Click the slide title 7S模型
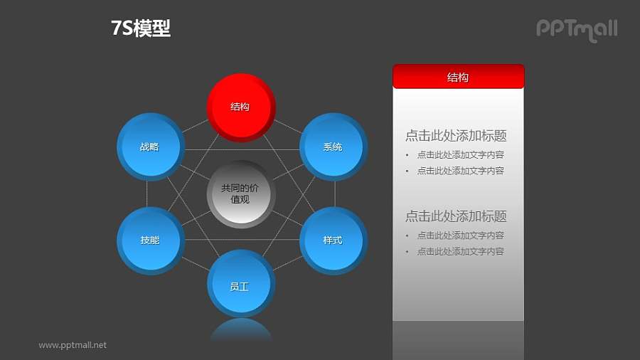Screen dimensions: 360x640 [x=141, y=28]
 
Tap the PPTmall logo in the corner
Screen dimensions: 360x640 [x=576, y=29]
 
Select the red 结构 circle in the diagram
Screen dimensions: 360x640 [x=240, y=107]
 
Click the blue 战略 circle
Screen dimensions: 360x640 [x=149, y=147]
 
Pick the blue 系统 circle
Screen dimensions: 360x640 [x=333, y=147]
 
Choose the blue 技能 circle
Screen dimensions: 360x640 [x=149, y=240]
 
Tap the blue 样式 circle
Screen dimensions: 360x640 [x=333, y=240]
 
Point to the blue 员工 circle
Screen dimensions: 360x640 [x=240, y=286]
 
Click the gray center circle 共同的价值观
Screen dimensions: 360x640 [x=240, y=194]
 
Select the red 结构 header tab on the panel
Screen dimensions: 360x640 [x=458, y=77]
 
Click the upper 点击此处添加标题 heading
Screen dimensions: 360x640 [x=456, y=136]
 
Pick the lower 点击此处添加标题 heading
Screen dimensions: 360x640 [x=456, y=216]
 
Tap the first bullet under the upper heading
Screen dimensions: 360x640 [x=460, y=154]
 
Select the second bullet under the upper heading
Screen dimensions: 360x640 [x=460, y=171]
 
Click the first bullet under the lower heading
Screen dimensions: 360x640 [x=460, y=235]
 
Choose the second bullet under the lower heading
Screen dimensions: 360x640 [x=460, y=251]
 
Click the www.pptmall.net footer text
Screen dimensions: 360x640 [x=73, y=345]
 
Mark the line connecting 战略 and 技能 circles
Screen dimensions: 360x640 [x=147, y=194]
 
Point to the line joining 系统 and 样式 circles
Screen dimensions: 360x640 [x=335, y=194]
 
